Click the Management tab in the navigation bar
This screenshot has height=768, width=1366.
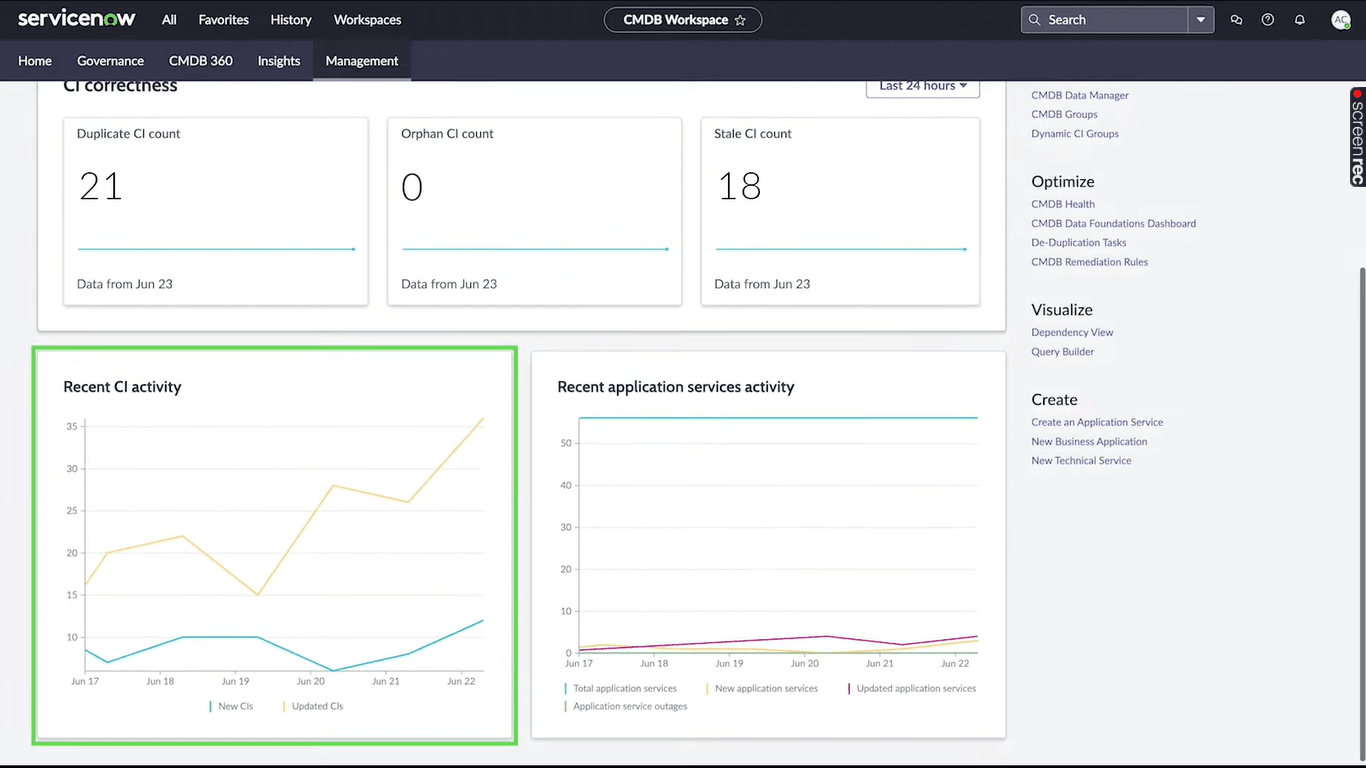(x=361, y=61)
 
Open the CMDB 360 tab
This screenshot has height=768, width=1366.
(x=200, y=61)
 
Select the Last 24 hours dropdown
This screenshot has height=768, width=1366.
(x=922, y=86)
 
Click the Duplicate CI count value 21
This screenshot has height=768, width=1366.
(x=100, y=187)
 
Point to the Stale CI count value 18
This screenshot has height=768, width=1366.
(x=739, y=187)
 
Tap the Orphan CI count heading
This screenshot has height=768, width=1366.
(x=447, y=134)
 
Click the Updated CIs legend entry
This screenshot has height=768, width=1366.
(x=316, y=706)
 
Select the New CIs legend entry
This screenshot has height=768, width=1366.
(x=235, y=706)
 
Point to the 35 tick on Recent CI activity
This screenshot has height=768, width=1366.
(x=72, y=427)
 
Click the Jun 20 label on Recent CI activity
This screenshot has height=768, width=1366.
(x=310, y=681)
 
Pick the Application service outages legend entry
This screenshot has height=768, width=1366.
(x=629, y=706)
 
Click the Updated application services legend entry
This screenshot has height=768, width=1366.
(x=915, y=688)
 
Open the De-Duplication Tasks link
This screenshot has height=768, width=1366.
(x=1078, y=243)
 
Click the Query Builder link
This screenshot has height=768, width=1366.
(x=1062, y=352)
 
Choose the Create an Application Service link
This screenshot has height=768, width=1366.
(x=1096, y=422)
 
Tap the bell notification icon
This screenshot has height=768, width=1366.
(x=1299, y=20)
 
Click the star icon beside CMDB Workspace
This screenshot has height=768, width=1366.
(x=740, y=20)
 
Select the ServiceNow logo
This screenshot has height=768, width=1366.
(x=76, y=19)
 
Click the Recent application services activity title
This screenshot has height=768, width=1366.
(x=675, y=387)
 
